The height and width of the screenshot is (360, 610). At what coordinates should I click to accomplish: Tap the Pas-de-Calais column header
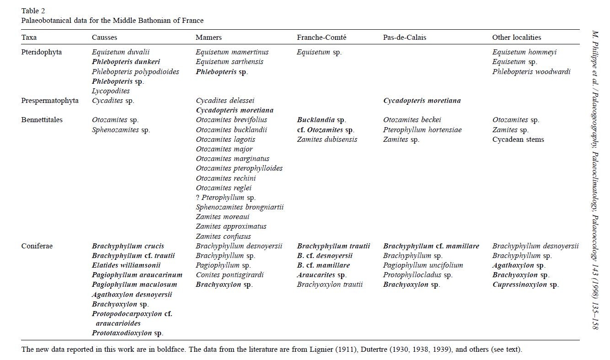(x=405, y=38)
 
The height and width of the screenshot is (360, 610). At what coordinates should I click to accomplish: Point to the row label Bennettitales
(x=42, y=120)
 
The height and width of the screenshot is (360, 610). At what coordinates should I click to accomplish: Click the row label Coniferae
(x=37, y=246)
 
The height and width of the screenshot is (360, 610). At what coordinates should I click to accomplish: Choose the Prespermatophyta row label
(x=50, y=101)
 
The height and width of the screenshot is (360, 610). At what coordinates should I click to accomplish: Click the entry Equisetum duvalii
(x=121, y=52)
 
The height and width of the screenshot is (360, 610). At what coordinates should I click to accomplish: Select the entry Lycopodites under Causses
(x=111, y=91)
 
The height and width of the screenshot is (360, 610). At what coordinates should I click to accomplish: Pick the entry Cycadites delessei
(x=225, y=101)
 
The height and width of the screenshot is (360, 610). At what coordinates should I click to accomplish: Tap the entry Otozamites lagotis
(x=225, y=140)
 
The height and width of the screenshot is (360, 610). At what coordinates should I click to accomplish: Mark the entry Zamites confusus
(x=223, y=236)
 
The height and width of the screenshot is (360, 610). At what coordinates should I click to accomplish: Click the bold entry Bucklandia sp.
(x=321, y=120)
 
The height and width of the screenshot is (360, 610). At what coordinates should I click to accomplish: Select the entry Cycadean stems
(x=518, y=140)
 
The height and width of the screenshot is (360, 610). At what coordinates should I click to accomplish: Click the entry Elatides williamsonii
(x=126, y=265)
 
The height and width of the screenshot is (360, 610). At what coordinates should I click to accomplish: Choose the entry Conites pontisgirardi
(x=230, y=275)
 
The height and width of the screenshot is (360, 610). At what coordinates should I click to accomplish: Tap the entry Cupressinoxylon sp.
(x=525, y=285)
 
